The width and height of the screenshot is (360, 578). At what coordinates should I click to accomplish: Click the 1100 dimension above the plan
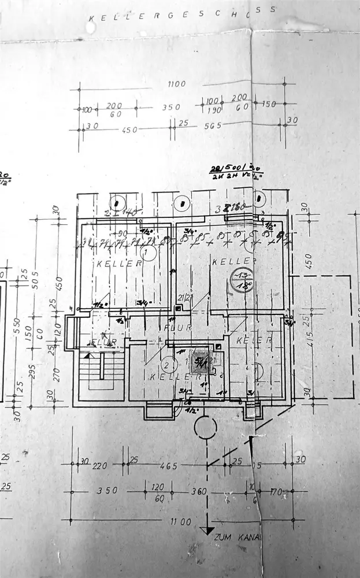(177, 84)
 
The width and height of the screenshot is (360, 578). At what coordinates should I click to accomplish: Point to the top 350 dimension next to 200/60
(171, 107)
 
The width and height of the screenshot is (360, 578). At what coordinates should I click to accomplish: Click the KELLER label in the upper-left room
(119, 264)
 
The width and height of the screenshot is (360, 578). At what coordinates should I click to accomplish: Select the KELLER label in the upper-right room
(225, 261)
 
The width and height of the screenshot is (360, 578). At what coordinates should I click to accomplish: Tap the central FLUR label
(173, 328)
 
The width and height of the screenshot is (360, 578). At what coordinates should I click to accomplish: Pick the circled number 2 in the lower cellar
(168, 365)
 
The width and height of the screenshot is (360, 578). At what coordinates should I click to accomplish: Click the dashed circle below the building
(205, 428)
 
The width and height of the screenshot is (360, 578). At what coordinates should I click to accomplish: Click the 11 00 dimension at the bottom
(180, 521)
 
